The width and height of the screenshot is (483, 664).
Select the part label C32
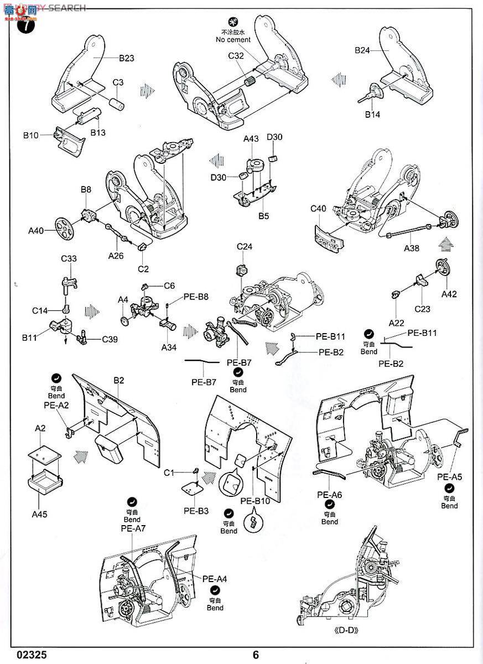tap(236, 55)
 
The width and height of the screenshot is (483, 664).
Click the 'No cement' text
tap(233, 40)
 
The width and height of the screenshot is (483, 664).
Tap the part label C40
tap(319, 209)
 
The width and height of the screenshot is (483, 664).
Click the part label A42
tap(449, 294)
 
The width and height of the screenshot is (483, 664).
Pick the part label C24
tap(245, 247)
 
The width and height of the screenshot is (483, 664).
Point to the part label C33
tap(69, 258)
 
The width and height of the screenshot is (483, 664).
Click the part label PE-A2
tap(56, 404)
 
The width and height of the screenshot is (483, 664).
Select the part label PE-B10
tap(255, 501)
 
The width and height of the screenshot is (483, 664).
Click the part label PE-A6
tap(329, 495)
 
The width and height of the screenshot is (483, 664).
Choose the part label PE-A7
tap(133, 528)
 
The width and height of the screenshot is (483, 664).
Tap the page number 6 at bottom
tap(256, 655)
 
